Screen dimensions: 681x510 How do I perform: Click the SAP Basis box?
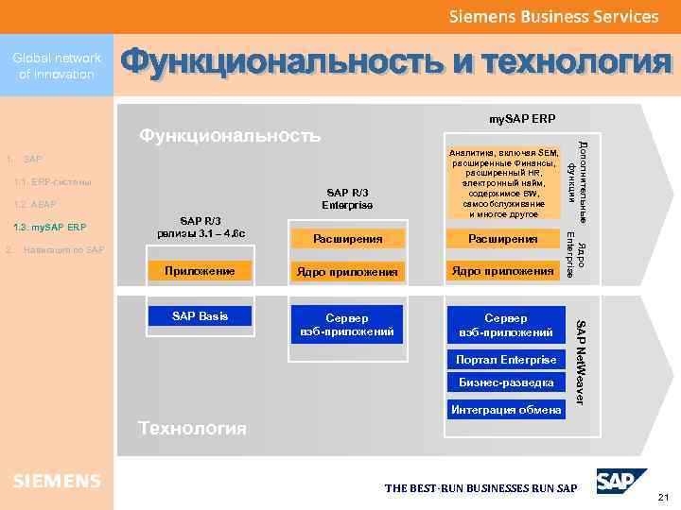pos(200,314)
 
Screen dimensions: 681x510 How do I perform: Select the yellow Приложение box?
pos(200,271)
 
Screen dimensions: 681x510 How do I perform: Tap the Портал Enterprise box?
pos(505,361)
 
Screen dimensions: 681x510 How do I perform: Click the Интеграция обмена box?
pos(505,409)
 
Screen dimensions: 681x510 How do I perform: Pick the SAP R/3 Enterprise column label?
pos(347,198)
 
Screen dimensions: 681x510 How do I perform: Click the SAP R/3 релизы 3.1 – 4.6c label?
pos(200,227)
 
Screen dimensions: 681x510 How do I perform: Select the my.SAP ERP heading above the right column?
pos(522,119)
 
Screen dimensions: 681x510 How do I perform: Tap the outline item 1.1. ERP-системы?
pos(53,181)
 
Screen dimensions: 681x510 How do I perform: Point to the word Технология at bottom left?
pos(193,428)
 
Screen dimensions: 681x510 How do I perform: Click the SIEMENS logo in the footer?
pos(57,481)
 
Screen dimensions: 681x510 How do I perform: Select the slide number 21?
pos(662,497)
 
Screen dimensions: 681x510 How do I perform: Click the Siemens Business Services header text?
pos(553,17)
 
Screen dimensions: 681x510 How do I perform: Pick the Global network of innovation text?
pos(57,66)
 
